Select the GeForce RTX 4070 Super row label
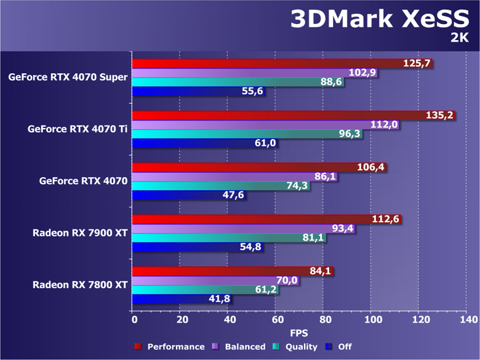[x=68, y=77]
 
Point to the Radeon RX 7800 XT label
[x=80, y=285]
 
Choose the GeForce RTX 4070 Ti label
[x=78, y=129]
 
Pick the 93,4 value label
[x=341, y=229]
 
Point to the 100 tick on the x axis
[x=372, y=320]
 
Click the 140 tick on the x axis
[x=467, y=320]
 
